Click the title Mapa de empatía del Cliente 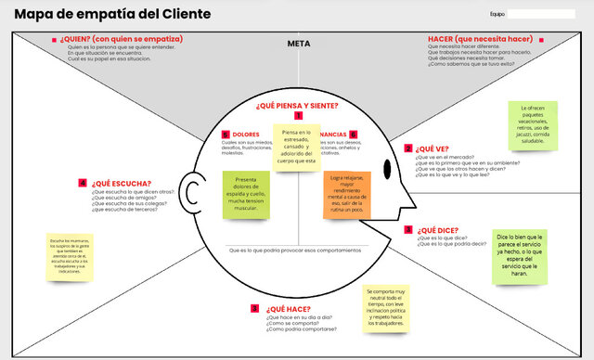point(111,15)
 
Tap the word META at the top point(299,44)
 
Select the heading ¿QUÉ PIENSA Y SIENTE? point(297,107)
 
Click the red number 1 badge point(298,116)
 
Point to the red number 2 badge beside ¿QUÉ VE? point(407,148)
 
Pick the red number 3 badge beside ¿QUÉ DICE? point(407,229)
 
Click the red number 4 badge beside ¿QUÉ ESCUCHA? point(83,183)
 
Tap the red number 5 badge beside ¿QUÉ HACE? point(254,308)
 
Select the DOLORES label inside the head point(246,135)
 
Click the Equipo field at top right point(540,15)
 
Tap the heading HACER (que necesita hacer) point(480,39)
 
